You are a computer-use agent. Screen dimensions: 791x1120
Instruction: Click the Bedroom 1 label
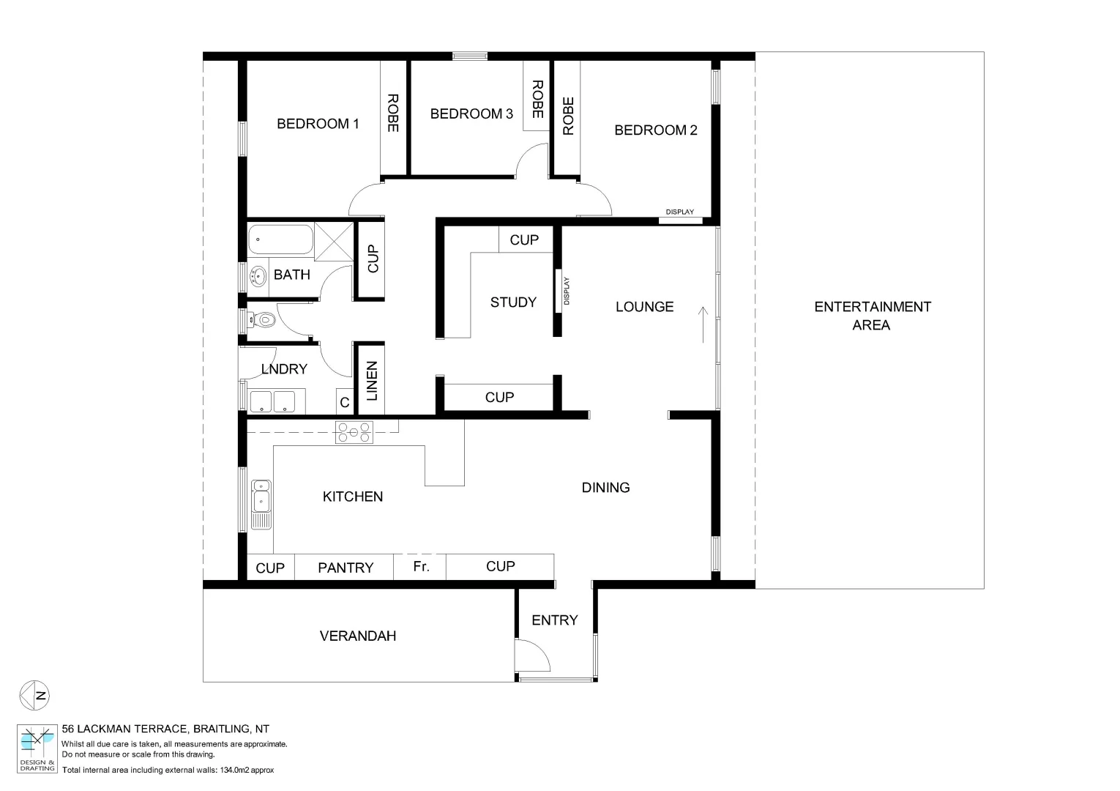318,124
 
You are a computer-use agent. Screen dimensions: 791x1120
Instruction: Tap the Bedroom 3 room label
471,114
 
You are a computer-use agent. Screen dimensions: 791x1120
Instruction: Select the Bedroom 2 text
655,130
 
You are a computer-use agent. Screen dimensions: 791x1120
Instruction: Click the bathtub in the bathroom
280,239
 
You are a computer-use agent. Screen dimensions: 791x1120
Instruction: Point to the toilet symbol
264,319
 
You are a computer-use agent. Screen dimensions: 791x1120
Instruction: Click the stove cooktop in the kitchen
354,432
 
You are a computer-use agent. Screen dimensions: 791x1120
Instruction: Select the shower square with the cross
335,241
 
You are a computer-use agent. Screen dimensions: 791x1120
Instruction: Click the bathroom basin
258,277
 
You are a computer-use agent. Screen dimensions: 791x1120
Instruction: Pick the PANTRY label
346,568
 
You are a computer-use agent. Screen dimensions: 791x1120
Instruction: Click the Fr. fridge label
421,566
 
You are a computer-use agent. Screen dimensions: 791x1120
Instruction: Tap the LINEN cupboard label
372,381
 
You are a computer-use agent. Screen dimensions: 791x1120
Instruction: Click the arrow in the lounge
703,324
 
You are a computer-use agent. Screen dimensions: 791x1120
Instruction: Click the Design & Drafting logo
37,748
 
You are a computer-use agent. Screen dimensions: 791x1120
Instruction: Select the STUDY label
513,302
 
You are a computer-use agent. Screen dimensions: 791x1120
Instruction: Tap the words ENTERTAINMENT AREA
872,316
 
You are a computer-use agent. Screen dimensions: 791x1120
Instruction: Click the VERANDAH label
358,636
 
